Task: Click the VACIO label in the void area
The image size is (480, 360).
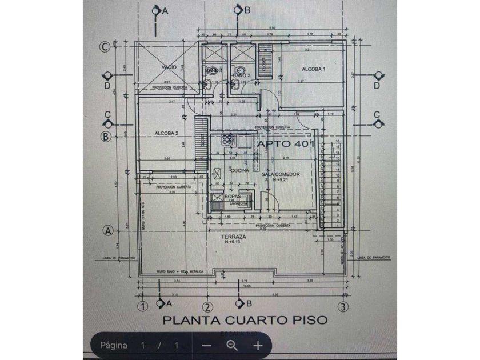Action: pyautogui.click(x=169, y=67)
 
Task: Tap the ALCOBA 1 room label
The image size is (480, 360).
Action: pyautogui.click(x=313, y=69)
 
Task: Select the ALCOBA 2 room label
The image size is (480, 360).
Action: pyautogui.click(x=167, y=134)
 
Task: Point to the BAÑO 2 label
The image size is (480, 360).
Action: pyautogui.click(x=241, y=75)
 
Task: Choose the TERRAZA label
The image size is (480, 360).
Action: pyautogui.click(x=235, y=237)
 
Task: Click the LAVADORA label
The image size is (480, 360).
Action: pyautogui.click(x=238, y=203)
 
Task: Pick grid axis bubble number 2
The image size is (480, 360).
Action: pyautogui.click(x=208, y=306)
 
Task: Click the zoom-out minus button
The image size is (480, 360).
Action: pyautogui.click(x=207, y=345)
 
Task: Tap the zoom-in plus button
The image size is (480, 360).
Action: pyautogui.click(x=258, y=345)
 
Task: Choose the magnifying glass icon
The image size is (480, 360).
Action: pyautogui.click(x=232, y=345)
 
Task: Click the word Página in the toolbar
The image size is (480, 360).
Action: pyautogui.click(x=114, y=345)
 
